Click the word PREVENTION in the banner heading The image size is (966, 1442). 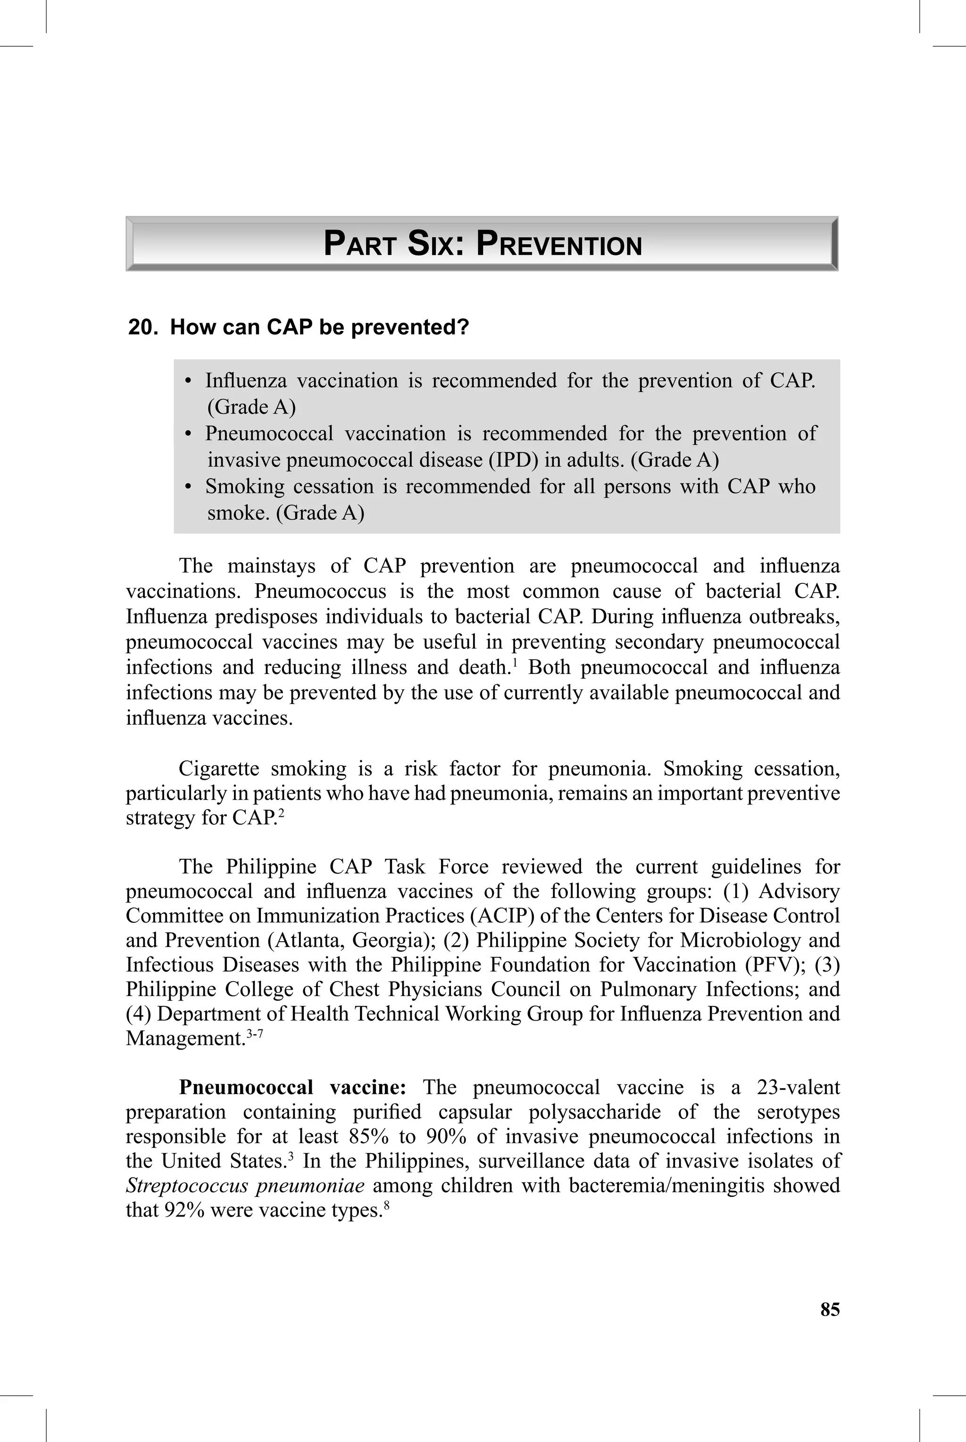tap(559, 244)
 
